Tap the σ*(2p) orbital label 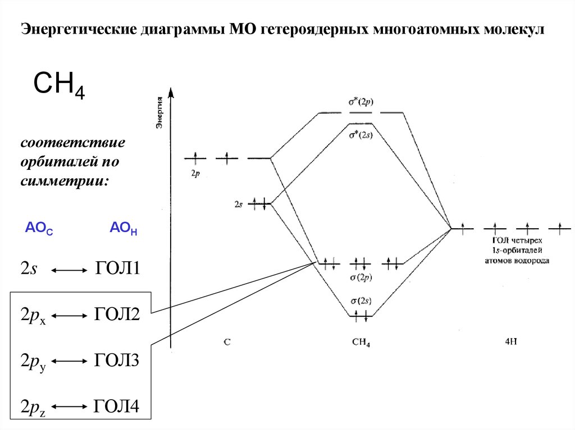[x=361, y=103]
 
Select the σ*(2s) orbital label [x=361, y=135]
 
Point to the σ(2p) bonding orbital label [x=361, y=277]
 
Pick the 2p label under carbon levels [x=195, y=174]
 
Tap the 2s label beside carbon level [x=238, y=205]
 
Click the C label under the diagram [x=226, y=341]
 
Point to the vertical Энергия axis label [x=159, y=112]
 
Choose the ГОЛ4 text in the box [x=116, y=405]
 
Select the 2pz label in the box [x=31, y=406]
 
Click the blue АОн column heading [x=123, y=229]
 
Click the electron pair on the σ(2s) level [x=360, y=316]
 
